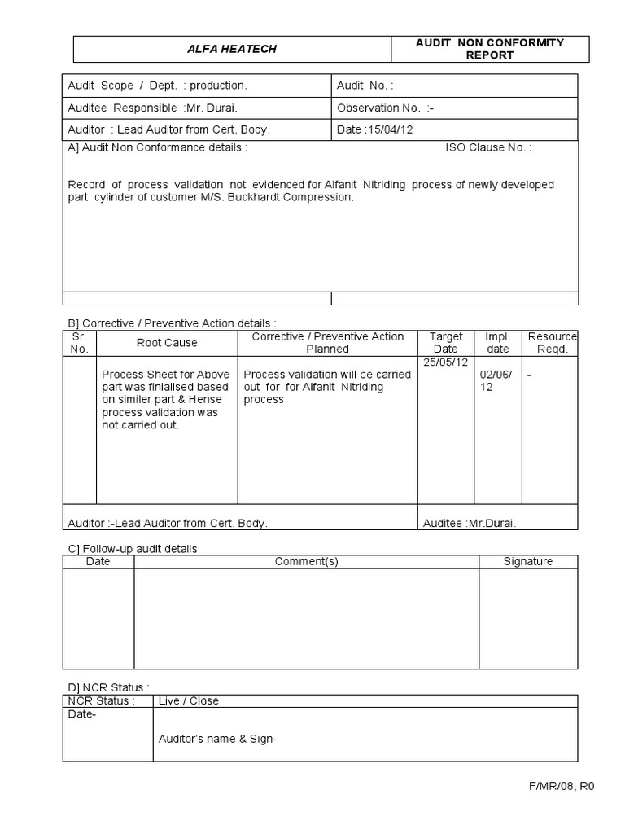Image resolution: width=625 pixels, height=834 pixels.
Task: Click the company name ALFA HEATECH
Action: (x=233, y=49)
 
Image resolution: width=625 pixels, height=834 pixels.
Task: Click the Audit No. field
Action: (x=365, y=86)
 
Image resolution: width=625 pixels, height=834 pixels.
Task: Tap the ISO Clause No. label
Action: (x=488, y=147)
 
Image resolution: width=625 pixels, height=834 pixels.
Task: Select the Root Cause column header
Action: (x=166, y=343)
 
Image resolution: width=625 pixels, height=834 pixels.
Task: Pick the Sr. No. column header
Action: (x=79, y=343)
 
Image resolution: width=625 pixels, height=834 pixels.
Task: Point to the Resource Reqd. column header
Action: (x=552, y=343)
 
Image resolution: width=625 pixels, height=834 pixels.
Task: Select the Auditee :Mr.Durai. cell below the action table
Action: (x=470, y=523)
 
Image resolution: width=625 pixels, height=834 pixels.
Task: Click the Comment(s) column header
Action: (x=306, y=561)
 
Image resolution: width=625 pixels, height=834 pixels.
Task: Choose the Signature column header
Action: (x=527, y=561)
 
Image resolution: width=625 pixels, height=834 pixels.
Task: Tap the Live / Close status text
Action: (x=189, y=700)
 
